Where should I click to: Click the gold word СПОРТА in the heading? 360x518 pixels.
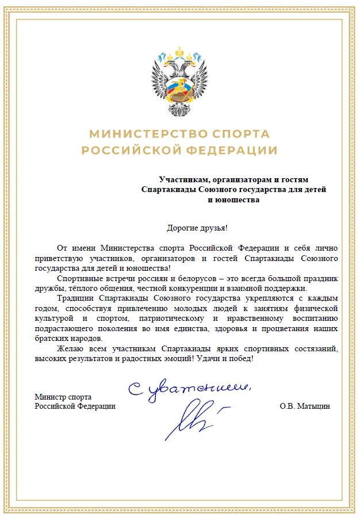(242, 134)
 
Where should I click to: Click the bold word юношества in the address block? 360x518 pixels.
(237, 200)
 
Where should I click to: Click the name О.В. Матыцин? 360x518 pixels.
(305, 406)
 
